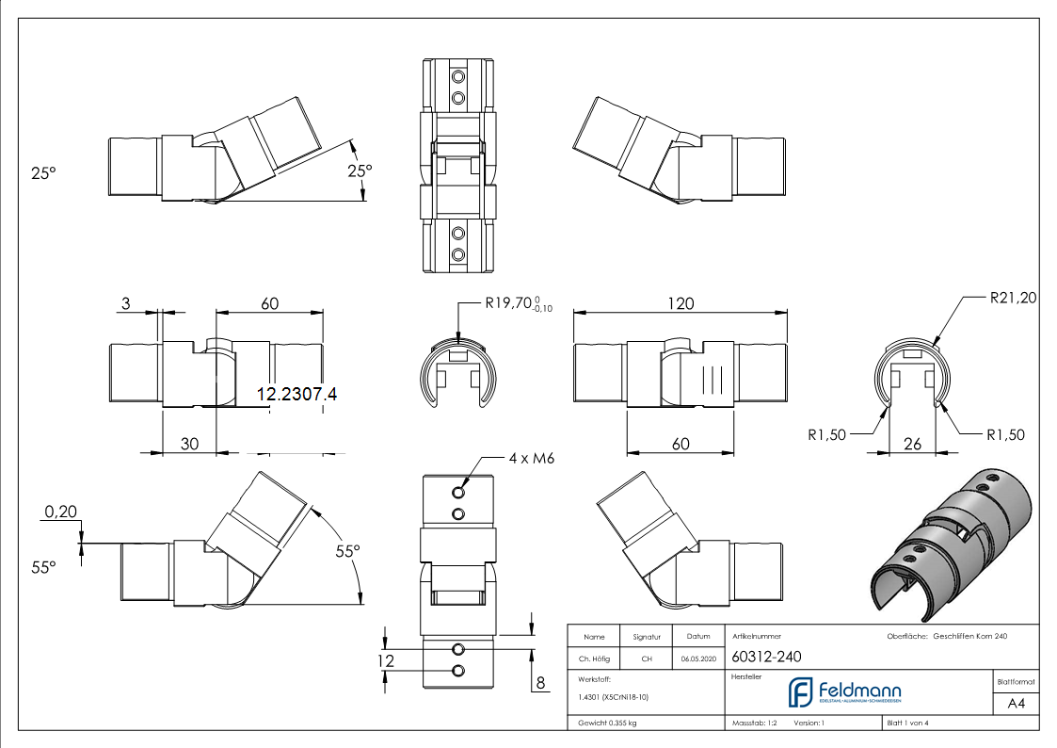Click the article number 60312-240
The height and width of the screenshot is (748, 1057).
pyautogui.click(x=766, y=658)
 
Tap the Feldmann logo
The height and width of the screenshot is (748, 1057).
pyautogui.click(x=844, y=692)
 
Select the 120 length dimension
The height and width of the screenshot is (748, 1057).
pyautogui.click(x=681, y=303)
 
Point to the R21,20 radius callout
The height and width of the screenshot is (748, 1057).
pyautogui.click(x=1013, y=299)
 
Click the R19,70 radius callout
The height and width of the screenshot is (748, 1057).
pyautogui.click(x=512, y=303)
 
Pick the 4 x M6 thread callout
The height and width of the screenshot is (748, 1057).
pyautogui.click(x=532, y=459)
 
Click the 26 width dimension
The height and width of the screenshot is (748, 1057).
pyautogui.click(x=911, y=443)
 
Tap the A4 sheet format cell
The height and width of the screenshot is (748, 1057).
pyautogui.click(x=1017, y=704)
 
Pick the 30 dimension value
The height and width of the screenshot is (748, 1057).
pyautogui.click(x=189, y=444)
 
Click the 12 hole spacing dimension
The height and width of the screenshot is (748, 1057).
pyautogui.click(x=385, y=661)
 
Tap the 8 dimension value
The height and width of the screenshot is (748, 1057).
pyautogui.click(x=539, y=681)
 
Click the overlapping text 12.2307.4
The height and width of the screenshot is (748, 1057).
pyautogui.click(x=296, y=395)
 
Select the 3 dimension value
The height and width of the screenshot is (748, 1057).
pyautogui.click(x=125, y=303)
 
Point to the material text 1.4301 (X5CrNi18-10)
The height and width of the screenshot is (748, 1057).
pyautogui.click(x=613, y=697)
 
